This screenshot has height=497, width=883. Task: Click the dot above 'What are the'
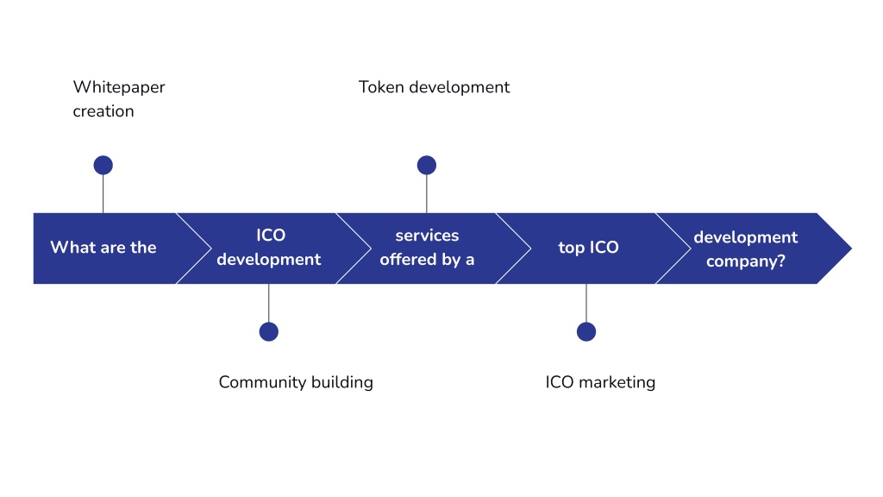pyautogui.click(x=103, y=165)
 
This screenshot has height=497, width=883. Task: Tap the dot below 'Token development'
pyautogui.click(x=427, y=165)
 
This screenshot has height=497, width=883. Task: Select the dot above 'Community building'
pyautogui.click(x=269, y=331)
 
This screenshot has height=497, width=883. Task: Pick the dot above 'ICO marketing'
pyautogui.click(x=586, y=331)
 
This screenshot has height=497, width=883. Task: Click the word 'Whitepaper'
pyautogui.click(x=119, y=88)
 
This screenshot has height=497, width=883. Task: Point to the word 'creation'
pyautogui.click(x=103, y=111)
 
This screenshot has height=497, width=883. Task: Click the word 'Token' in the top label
pyautogui.click(x=381, y=87)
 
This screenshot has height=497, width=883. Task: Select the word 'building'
pyautogui.click(x=342, y=382)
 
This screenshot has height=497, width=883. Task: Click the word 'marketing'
pyautogui.click(x=617, y=382)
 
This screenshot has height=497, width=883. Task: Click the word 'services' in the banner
pyautogui.click(x=427, y=236)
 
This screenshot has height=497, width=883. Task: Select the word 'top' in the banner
pyautogui.click(x=571, y=248)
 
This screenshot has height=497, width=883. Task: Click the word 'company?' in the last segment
pyautogui.click(x=746, y=261)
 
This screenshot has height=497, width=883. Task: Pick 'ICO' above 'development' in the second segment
pyautogui.click(x=271, y=235)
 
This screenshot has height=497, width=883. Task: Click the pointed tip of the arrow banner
pyautogui.click(x=851, y=248)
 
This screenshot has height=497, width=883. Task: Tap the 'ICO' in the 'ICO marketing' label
pyautogui.click(x=559, y=382)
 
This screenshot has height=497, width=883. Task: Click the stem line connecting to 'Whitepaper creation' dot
pyautogui.click(x=103, y=194)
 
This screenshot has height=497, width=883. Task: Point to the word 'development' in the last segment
pyautogui.click(x=746, y=237)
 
